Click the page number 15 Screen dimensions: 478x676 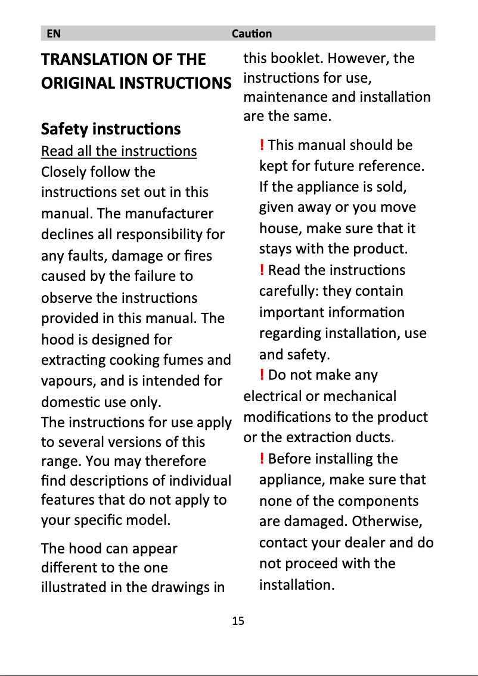pyautogui.click(x=238, y=621)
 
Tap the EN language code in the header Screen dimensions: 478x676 pyautogui.click(x=54, y=34)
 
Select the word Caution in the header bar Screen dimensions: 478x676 pyautogui.click(x=252, y=34)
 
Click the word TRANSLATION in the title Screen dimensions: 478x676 pyautogui.click(x=95, y=59)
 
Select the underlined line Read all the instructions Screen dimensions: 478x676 pyautogui.click(x=119, y=151)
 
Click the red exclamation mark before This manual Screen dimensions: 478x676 pyautogui.click(x=262, y=145)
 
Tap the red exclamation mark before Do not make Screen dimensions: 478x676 pyautogui.click(x=262, y=375)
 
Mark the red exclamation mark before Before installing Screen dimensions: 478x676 pyautogui.click(x=262, y=459)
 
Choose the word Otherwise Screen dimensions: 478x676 pyautogui.click(x=387, y=522)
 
